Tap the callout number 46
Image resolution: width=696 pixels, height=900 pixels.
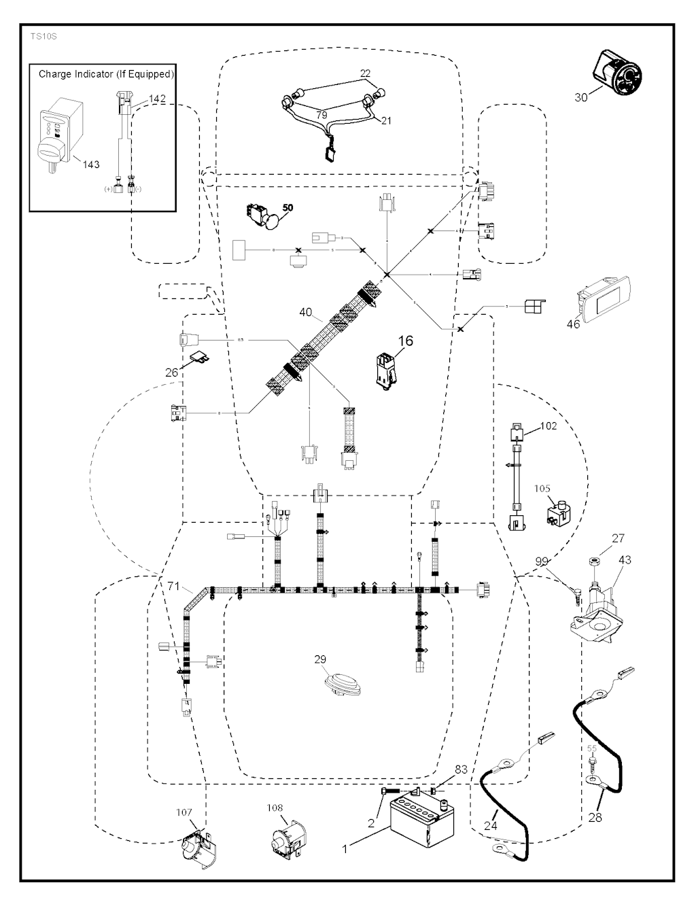tap(574, 324)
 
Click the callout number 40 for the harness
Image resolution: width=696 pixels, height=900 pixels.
tap(305, 313)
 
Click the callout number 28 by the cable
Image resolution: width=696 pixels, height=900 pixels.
tap(595, 816)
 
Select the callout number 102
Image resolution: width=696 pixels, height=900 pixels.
tap(548, 426)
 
